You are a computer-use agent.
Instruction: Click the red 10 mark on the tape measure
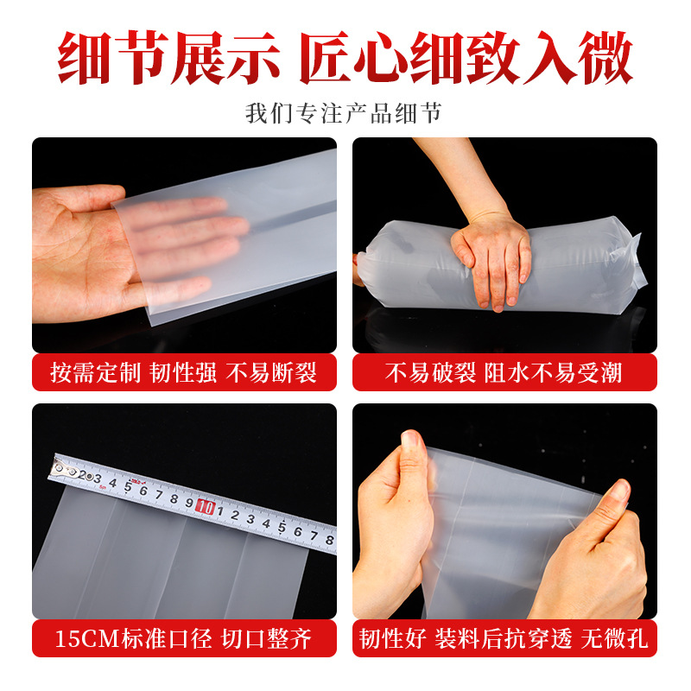[206, 506]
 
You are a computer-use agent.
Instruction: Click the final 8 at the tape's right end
[328, 538]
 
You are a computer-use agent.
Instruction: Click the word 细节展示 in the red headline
[168, 59]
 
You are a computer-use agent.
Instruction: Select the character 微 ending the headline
[604, 59]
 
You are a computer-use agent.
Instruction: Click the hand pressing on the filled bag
[491, 259]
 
